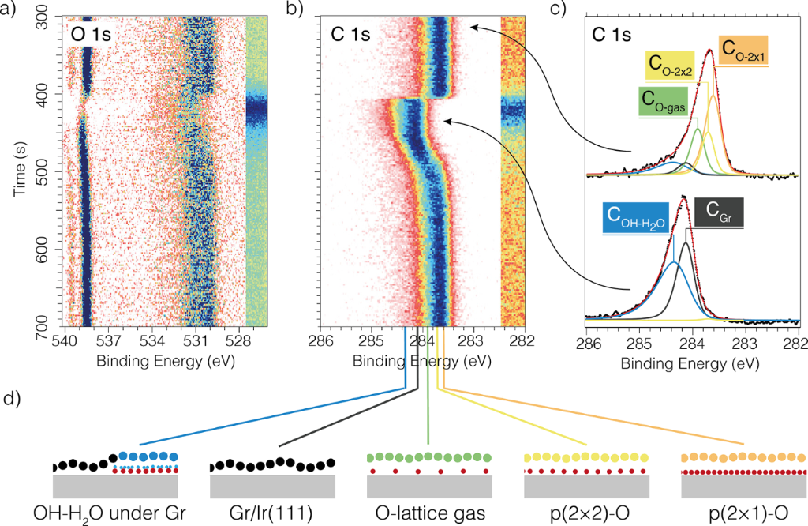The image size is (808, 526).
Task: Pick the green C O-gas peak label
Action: point(664,100)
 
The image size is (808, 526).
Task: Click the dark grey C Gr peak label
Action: point(716,213)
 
